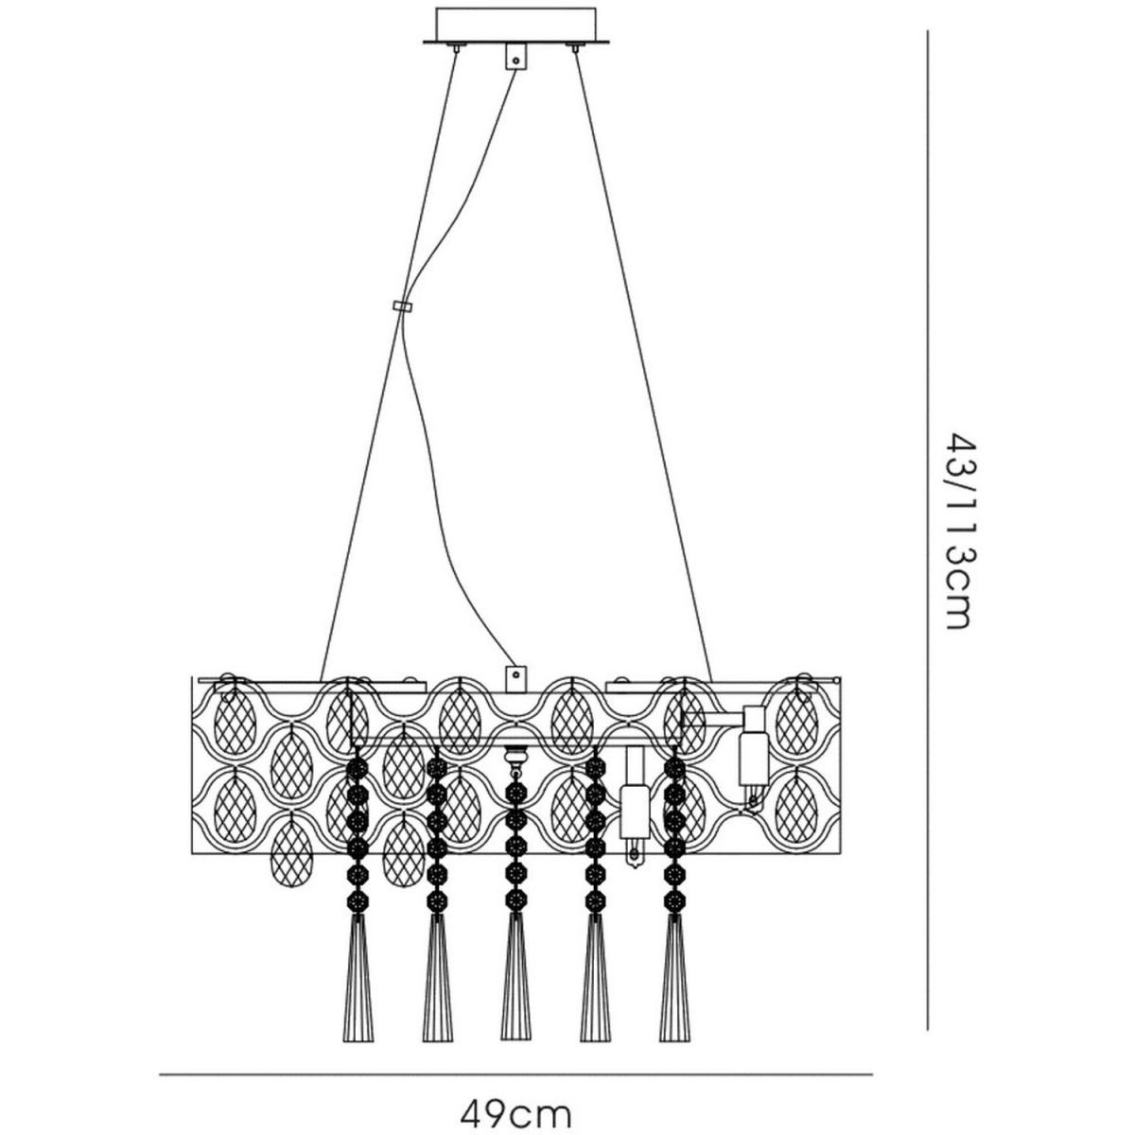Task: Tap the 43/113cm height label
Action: [958, 532]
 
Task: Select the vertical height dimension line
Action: [927, 530]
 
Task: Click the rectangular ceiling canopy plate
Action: [515, 23]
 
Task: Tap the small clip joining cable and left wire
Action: [402, 306]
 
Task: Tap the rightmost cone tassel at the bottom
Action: [673, 955]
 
